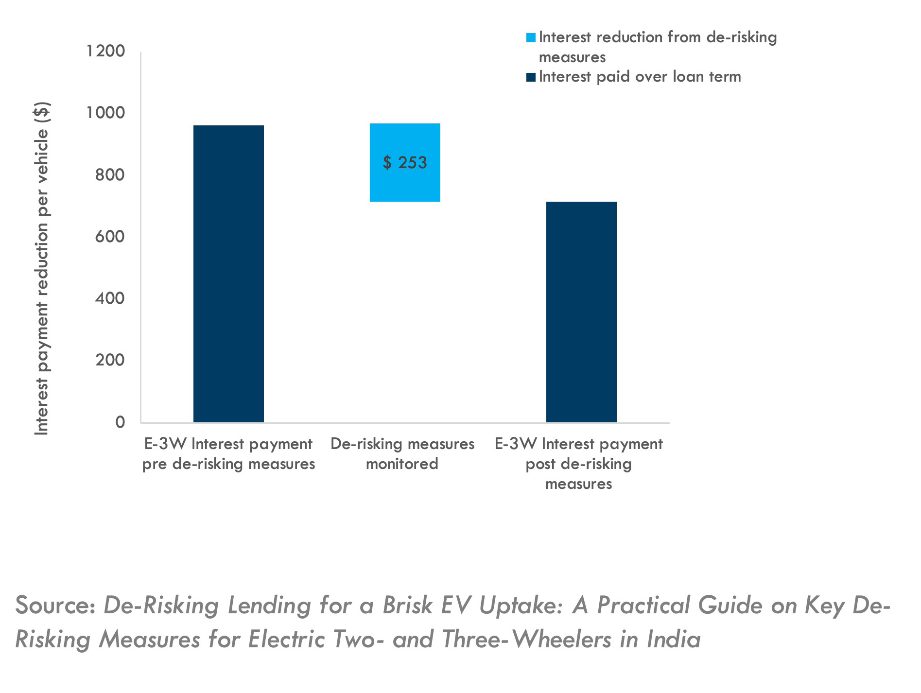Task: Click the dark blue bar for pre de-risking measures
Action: pos(228,274)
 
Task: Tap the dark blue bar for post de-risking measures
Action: pos(581,312)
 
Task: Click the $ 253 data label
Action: pos(405,162)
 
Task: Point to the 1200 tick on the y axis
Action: pos(105,51)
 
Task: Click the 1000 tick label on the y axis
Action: pos(105,113)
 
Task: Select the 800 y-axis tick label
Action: pos(110,174)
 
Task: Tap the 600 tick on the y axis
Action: pos(110,237)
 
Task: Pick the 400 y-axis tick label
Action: pos(110,298)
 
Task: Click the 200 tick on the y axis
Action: pos(110,360)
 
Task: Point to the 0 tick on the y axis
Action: pos(120,422)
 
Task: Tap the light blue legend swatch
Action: pos(531,38)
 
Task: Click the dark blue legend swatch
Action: pos(531,77)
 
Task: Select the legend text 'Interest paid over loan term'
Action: pos(640,77)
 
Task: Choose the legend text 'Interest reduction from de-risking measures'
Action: pos(658,47)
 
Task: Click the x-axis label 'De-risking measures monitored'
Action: pos(402,453)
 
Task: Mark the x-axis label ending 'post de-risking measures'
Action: pos(578,464)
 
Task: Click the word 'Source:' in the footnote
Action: pos(55,606)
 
